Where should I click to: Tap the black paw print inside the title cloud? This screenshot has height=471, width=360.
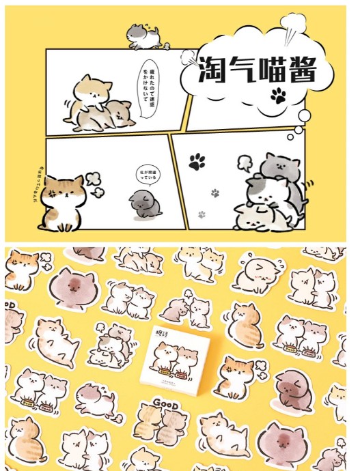(x=277, y=95)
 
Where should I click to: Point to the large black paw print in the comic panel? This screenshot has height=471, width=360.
(x=197, y=162)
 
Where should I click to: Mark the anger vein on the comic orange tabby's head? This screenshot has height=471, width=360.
(x=52, y=192)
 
